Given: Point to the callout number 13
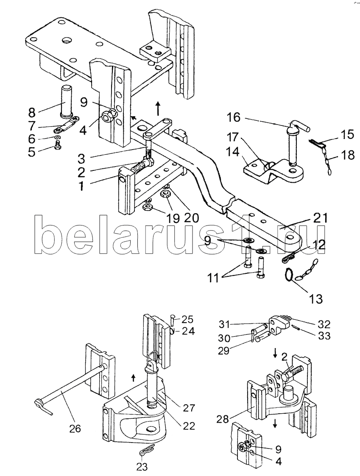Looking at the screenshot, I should point(316,299).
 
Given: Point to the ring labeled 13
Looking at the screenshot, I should point(289,276).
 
